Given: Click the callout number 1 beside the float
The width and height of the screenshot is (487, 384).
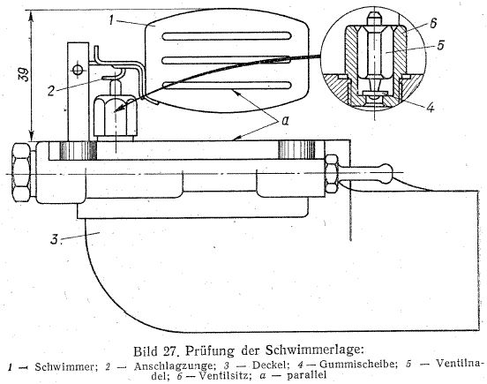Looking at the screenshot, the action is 111,19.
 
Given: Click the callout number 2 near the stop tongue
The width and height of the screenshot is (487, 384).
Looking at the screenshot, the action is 52,90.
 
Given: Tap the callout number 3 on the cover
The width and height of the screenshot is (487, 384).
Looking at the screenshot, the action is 55,239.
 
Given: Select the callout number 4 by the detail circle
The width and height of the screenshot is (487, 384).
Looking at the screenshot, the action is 430,107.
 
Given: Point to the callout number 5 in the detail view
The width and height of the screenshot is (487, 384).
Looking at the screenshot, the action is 440,45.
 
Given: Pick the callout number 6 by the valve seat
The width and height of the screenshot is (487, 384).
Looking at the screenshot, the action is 433,23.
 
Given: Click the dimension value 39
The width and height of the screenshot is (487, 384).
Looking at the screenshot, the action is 24,74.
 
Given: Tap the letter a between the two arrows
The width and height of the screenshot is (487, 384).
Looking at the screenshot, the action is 285,120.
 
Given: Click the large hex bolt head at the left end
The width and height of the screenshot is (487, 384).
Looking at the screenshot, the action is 21,172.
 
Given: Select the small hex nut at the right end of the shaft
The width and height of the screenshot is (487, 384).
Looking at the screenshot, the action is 331,173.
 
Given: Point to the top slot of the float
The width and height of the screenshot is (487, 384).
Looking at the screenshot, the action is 226,36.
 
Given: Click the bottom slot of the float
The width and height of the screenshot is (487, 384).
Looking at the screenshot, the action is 226,85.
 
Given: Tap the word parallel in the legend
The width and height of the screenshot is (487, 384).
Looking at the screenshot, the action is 307,375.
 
